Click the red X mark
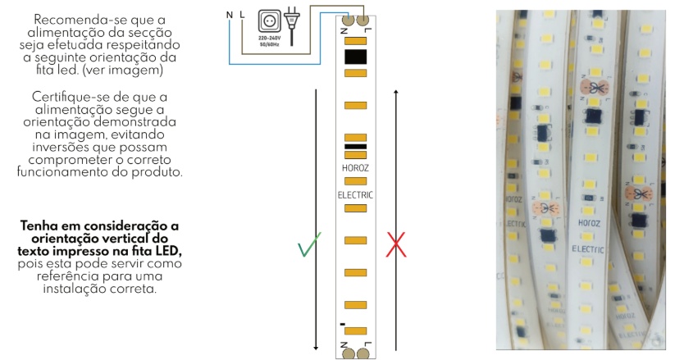coord(396,244)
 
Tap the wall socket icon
coord(270,21)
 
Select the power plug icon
coord(292,25)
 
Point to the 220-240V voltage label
coord(270,39)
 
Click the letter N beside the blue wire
coord(230,15)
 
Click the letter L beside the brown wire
coord(242,15)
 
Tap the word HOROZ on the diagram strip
coord(355,168)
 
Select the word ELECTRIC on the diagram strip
coord(355,195)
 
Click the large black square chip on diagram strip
coord(356,57)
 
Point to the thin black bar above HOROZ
coord(356,147)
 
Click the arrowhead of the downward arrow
coord(316,348)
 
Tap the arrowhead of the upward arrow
coord(396,92)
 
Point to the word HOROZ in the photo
coord(589,223)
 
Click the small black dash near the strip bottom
coord(343,324)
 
